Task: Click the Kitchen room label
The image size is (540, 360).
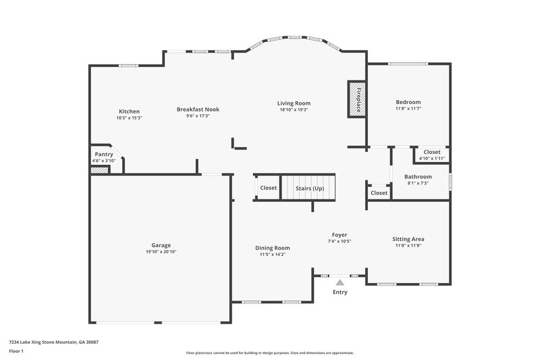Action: pos(129,111)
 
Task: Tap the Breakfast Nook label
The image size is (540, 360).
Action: pos(198,109)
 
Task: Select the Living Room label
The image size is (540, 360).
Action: pos(294,103)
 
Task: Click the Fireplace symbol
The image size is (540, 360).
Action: pos(356,100)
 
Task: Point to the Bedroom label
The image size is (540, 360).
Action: pos(408,102)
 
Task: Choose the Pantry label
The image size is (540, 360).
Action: pos(104,154)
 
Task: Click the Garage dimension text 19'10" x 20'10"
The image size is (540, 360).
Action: pos(161,252)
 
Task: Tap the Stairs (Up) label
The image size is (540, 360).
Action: pos(310,188)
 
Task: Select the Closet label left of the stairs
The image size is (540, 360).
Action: pos(268,188)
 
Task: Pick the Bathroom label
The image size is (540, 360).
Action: pos(418,177)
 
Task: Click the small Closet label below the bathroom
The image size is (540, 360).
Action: pos(379,193)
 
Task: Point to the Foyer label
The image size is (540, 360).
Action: pos(339,235)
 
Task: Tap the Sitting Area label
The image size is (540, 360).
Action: pos(408,239)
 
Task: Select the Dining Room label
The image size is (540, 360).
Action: pos(273,248)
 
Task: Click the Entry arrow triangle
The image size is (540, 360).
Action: pos(340,282)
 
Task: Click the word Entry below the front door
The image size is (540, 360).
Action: pos(340,292)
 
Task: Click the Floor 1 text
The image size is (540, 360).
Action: pos(16,351)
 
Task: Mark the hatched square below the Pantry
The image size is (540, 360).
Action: pos(99,170)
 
